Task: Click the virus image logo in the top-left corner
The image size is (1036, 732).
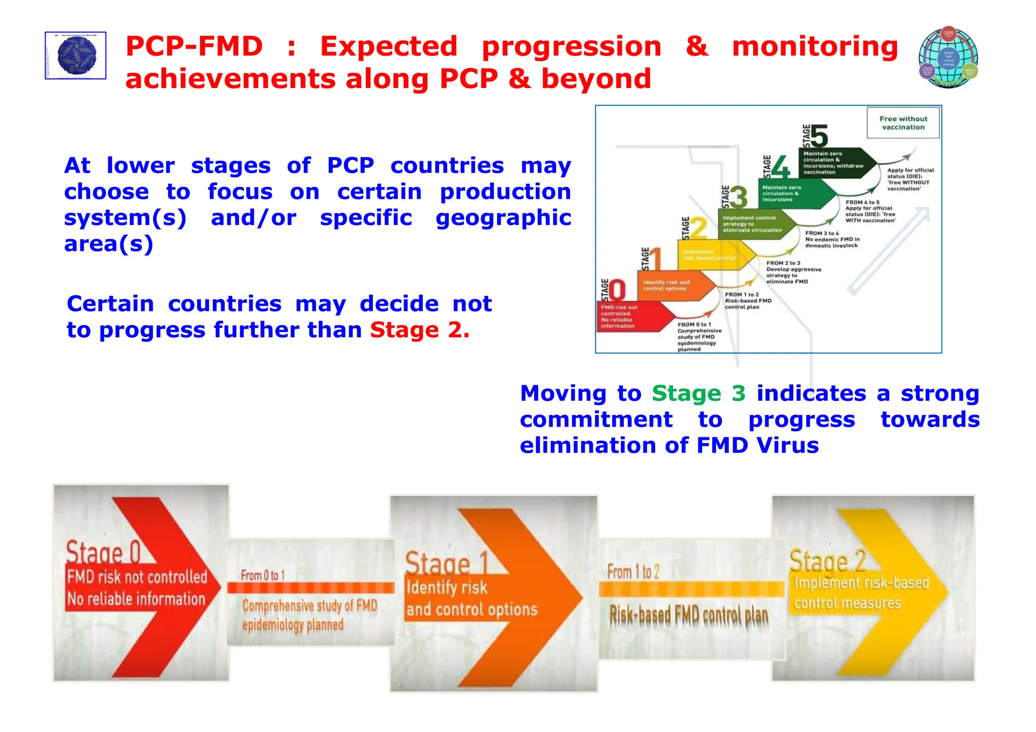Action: tap(76, 56)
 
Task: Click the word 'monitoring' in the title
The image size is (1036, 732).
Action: tap(814, 47)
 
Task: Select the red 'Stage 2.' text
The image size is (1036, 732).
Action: tap(419, 330)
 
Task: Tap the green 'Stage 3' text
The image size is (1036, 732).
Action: tap(698, 393)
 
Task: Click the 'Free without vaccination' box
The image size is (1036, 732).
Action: tap(903, 123)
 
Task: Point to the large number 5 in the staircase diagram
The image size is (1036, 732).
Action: tap(819, 136)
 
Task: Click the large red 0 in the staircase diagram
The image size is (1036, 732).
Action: tap(617, 290)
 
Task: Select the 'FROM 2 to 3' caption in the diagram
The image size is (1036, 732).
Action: tap(783, 263)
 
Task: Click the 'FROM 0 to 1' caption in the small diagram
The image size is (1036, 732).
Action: tap(694, 325)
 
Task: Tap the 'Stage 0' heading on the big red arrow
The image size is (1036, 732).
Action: tap(103, 553)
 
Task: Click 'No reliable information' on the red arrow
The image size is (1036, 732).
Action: tap(136, 599)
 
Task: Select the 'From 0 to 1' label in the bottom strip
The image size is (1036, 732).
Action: tap(263, 575)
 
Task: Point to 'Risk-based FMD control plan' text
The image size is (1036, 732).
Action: tap(688, 616)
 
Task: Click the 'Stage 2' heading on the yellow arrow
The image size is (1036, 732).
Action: tap(828, 561)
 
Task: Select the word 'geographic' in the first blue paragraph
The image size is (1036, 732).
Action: tap(503, 218)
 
